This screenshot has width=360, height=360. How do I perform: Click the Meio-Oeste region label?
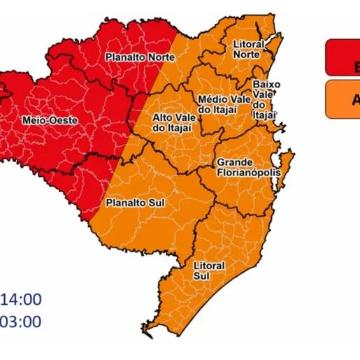50,120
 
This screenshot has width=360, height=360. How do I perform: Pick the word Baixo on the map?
266,85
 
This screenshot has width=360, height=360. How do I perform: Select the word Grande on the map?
231,162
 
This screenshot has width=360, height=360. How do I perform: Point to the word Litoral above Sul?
208,266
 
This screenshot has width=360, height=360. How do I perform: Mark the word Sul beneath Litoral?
208,277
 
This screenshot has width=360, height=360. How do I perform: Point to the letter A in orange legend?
355,99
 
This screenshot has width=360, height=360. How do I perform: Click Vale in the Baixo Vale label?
266,94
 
